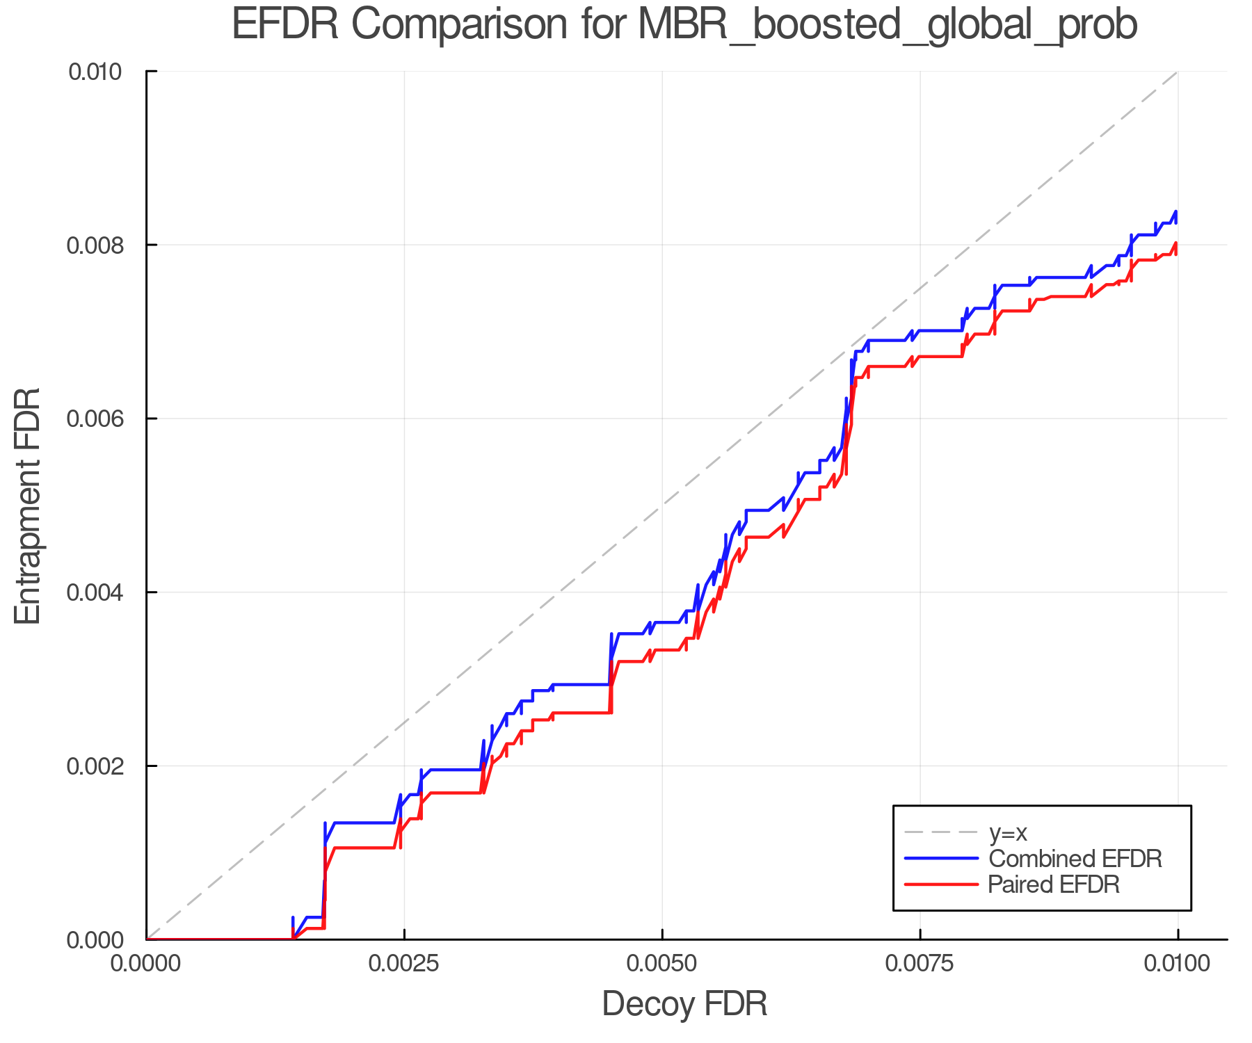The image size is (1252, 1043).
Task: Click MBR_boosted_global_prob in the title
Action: pos(887,26)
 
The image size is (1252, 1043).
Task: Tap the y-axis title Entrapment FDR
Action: pos(28,506)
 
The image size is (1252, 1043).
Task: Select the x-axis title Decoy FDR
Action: pos(684,1003)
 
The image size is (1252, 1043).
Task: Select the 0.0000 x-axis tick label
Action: pos(147,964)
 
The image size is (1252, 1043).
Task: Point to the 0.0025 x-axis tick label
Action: pos(404,964)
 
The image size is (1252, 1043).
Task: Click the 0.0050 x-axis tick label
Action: pos(662,964)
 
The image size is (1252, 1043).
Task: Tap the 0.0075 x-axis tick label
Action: pos(920,964)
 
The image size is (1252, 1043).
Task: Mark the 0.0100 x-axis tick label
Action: pos(1177,964)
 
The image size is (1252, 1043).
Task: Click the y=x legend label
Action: pos(1008,832)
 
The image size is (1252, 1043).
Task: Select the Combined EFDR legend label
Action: pos(1075,859)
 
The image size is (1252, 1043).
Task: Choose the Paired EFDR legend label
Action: pos(1054,884)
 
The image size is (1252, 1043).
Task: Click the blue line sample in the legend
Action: pos(941,859)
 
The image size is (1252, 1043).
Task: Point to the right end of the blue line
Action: pos(1176,213)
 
